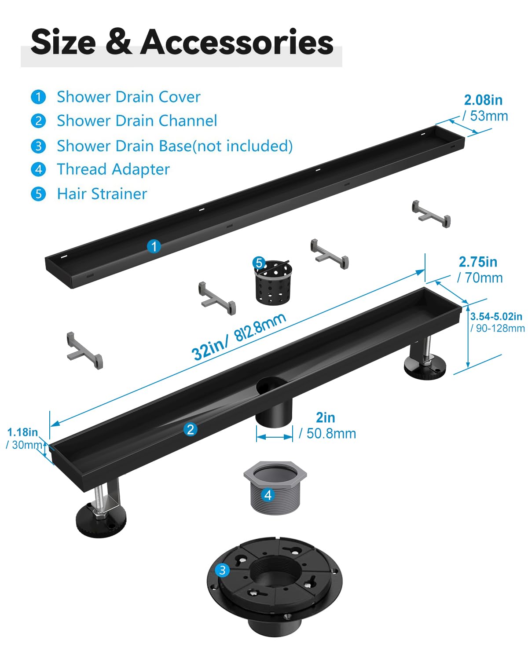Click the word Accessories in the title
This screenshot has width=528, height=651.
[x=237, y=42]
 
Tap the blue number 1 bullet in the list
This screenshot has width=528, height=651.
[x=38, y=97]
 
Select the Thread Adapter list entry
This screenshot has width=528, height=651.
[x=114, y=169]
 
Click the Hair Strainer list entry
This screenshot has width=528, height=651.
[x=102, y=194]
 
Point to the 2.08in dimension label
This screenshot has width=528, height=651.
[x=483, y=100]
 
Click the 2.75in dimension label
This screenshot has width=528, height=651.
[x=478, y=262]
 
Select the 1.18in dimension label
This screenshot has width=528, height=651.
[x=22, y=432]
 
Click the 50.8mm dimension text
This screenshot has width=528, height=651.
[x=331, y=433]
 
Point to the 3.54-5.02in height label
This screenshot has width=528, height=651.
[x=496, y=316]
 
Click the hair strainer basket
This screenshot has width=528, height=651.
[x=273, y=283]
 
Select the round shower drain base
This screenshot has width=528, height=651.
[x=275, y=586]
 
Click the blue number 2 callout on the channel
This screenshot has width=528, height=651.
[x=190, y=430]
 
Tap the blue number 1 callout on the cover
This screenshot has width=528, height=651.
[x=154, y=246]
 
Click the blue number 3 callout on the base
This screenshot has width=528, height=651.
[x=222, y=570]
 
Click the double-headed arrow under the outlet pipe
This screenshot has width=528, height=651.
[x=275, y=437]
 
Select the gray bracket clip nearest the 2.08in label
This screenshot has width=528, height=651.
[x=431, y=214]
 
